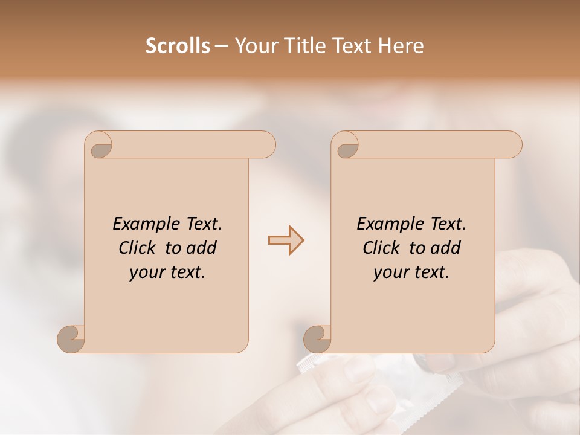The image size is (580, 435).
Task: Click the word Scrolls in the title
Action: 178,46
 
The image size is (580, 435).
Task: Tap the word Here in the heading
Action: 401,46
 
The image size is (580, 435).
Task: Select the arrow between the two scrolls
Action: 286,240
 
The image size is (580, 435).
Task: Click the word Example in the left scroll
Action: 140,224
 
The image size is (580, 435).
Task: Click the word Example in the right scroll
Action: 384,224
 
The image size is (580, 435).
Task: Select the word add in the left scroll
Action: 202,248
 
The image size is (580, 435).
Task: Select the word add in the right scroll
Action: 446,248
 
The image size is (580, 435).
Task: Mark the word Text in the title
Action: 352,46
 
